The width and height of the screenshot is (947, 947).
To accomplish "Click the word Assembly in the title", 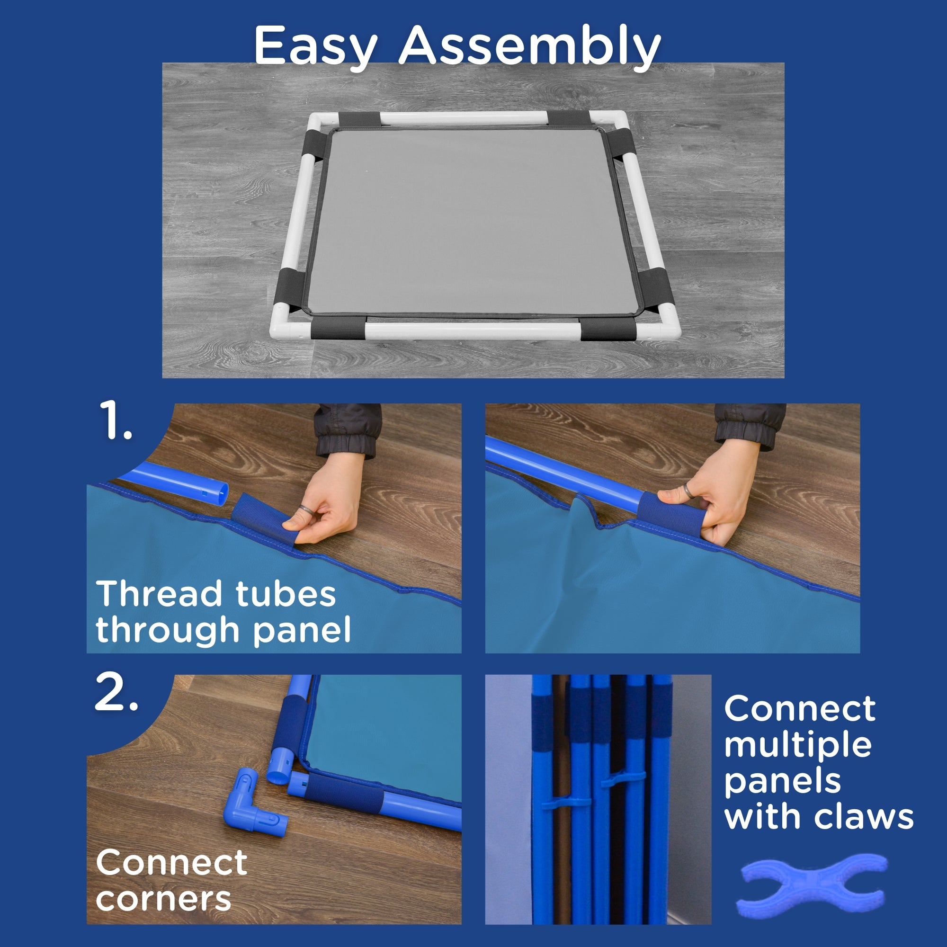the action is (529, 46).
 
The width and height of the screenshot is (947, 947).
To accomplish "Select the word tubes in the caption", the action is (286, 594).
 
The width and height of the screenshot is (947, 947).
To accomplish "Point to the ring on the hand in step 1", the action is (305, 510).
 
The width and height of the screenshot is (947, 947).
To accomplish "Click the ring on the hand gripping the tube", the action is (688, 490).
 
